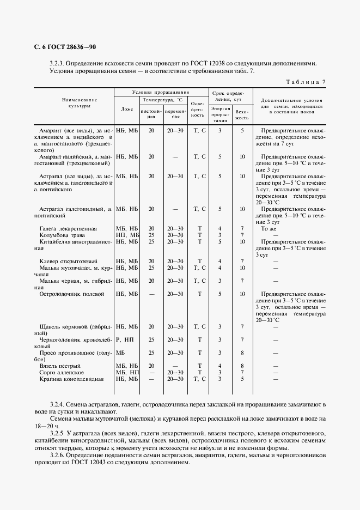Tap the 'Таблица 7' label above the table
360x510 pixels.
306,82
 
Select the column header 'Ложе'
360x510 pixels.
127,109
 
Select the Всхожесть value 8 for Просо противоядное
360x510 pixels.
242,353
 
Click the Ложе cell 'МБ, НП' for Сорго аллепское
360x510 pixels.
127,372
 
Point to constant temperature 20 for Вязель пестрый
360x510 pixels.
151,365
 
